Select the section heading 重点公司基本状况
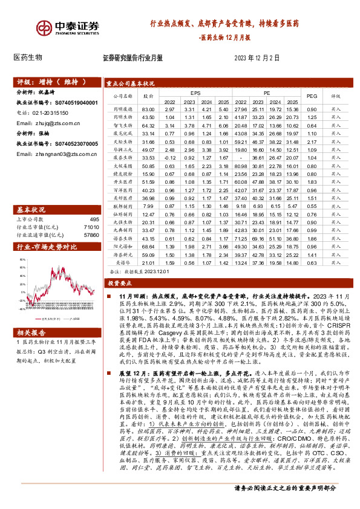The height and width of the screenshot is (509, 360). pos(129,83)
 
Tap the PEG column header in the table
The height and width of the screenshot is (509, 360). pos(312,96)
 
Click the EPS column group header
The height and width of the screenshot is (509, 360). pos(195,93)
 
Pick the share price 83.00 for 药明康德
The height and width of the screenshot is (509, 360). pos(148,108)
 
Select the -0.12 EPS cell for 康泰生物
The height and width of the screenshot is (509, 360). pos(166,157)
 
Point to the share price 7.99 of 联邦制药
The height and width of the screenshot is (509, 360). pos(148,206)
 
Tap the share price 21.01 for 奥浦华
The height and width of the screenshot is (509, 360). pos(148,263)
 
